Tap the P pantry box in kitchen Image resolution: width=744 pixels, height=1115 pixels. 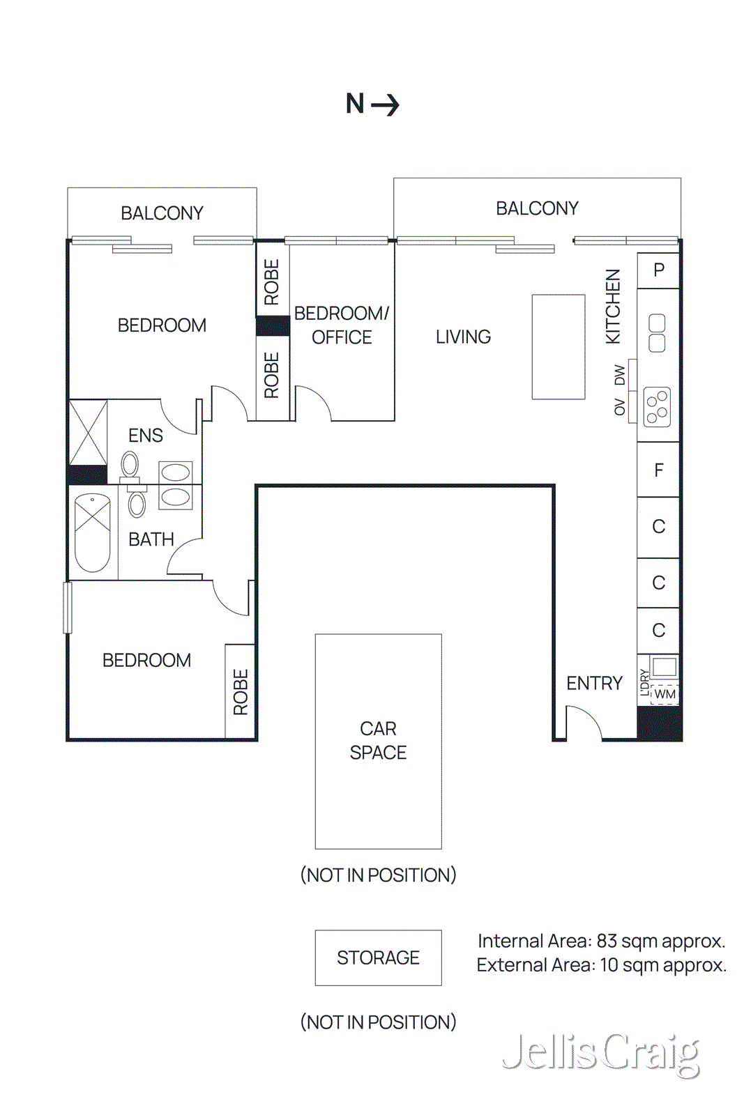(x=658, y=270)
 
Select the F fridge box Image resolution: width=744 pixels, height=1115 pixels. (x=658, y=470)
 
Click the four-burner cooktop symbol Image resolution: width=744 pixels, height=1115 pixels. (x=657, y=407)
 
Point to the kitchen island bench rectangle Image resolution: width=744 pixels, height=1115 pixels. (x=558, y=346)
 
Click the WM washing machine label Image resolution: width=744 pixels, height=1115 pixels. (x=665, y=694)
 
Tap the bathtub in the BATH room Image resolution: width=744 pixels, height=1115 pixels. (x=93, y=532)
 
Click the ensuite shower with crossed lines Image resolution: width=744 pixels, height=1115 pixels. (x=89, y=432)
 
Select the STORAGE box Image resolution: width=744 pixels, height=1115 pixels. (x=378, y=958)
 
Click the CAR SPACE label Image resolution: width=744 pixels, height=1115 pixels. (x=378, y=740)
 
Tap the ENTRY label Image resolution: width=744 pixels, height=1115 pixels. (x=594, y=683)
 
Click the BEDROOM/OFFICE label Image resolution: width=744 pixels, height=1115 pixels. (x=342, y=325)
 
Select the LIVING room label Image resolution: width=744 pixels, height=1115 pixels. (x=463, y=337)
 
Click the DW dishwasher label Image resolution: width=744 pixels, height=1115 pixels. (x=620, y=375)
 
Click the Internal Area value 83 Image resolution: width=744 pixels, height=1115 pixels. (x=607, y=941)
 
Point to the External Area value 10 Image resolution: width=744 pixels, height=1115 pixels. (x=609, y=965)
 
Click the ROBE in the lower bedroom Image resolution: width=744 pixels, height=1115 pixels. (x=240, y=691)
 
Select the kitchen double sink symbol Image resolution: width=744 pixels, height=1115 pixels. (x=657, y=333)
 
